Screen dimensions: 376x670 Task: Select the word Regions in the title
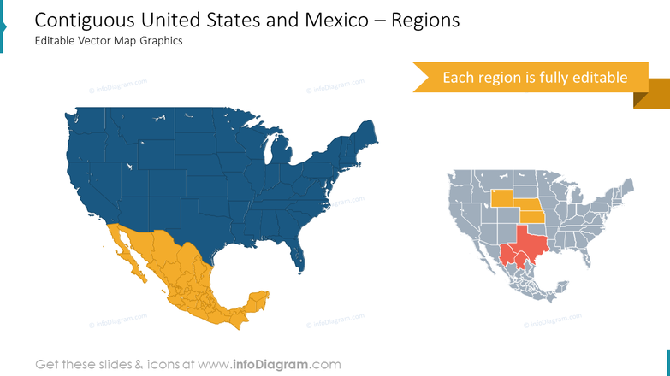[x=424, y=21]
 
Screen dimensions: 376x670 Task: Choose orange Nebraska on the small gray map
[x=532, y=206]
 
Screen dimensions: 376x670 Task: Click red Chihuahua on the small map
[x=507, y=254]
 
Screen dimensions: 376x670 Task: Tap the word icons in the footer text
[x=169, y=365]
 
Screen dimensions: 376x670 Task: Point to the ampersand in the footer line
[x=140, y=365]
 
